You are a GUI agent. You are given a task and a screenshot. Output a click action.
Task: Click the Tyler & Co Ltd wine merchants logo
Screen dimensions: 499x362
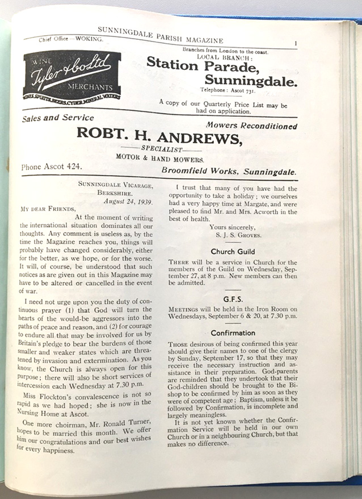(x=72, y=73)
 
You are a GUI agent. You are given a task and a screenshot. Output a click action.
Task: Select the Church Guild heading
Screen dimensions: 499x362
(x=233, y=251)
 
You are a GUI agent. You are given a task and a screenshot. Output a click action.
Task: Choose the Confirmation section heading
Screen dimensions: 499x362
(x=233, y=332)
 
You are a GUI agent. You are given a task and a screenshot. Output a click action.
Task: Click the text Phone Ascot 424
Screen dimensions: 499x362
(x=52, y=167)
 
